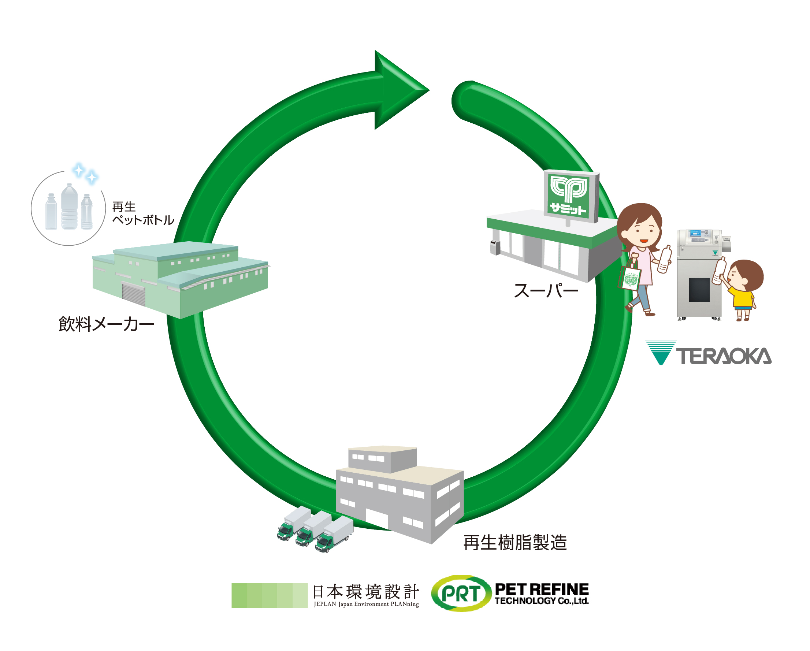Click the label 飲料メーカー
coord(106,324)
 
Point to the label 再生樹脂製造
coord(515,543)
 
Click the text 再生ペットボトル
coord(142,213)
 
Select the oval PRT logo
coord(461,594)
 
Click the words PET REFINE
coord(541,589)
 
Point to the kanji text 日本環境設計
coord(365,592)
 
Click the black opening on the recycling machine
coord(699,290)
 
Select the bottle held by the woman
coord(665,259)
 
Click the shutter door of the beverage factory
coord(134,294)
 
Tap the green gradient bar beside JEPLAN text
coord(270,595)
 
